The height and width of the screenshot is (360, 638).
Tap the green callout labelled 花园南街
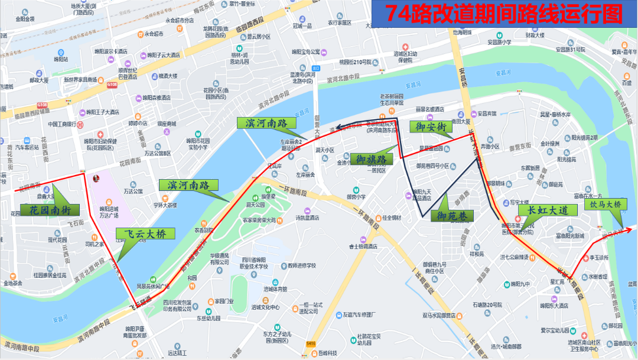50,210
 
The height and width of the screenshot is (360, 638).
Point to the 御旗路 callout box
371,159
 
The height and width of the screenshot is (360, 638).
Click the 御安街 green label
431,127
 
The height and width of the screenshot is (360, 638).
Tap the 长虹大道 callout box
543,210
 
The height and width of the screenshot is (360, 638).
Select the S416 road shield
311,343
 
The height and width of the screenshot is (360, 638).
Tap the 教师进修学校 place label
299,265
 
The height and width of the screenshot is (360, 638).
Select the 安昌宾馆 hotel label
490,113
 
